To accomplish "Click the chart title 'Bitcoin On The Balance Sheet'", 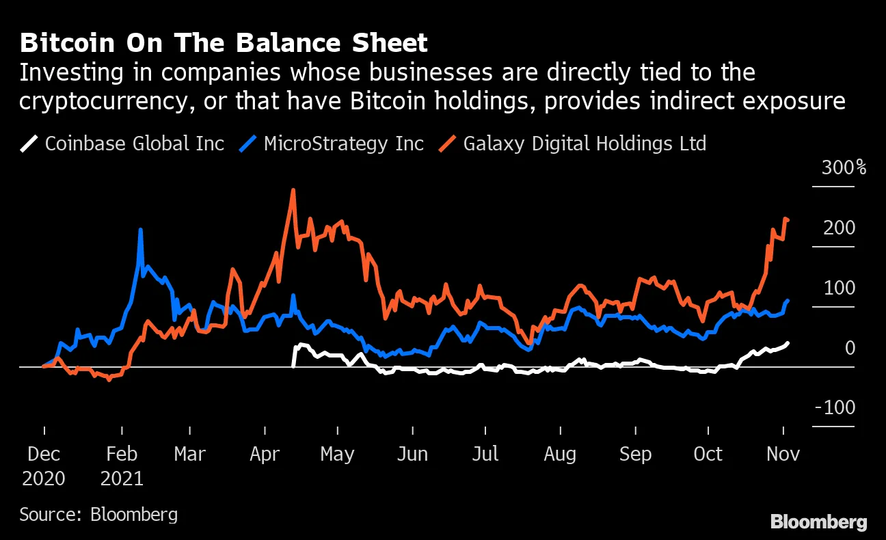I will (x=224, y=43).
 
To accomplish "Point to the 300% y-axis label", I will (x=843, y=167).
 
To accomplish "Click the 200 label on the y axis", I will (x=839, y=228).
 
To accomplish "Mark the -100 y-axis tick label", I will (x=834, y=408).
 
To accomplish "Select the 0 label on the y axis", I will (x=850, y=348).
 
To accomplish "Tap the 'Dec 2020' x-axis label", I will (x=44, y=465).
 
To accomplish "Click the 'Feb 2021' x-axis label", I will (x=122, y=465).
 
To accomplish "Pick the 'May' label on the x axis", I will (x=337, y=454).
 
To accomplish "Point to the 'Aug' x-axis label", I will (x=560, y=454).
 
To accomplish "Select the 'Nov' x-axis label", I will (x=782, y=454).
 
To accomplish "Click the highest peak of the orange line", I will (x=293, y=190).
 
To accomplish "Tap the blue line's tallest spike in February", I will (x=140, y=230).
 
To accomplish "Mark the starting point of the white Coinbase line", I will (x=294, y=366).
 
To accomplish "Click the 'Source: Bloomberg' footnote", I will (x=98, y=514).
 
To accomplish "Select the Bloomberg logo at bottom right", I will (x=818, y=522).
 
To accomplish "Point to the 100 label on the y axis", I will (x=839, y=288).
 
